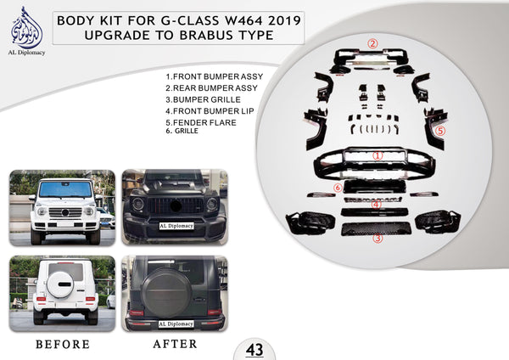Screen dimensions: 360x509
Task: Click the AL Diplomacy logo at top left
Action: [28, 31]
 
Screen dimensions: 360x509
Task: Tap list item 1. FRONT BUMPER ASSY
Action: [215, 76]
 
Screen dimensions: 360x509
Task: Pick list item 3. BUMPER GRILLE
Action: [203, 98]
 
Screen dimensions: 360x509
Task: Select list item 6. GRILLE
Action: [187, 131]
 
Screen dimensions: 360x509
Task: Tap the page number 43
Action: [255, 349]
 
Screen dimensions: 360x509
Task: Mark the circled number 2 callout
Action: [372, 42]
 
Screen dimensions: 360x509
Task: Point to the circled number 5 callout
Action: [441, 132]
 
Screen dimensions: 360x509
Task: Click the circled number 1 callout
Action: [378, 156]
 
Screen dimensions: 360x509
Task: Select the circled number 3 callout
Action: [378, 239]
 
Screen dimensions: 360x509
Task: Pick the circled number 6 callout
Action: [338, 187]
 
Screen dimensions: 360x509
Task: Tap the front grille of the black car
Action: [174, 208]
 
